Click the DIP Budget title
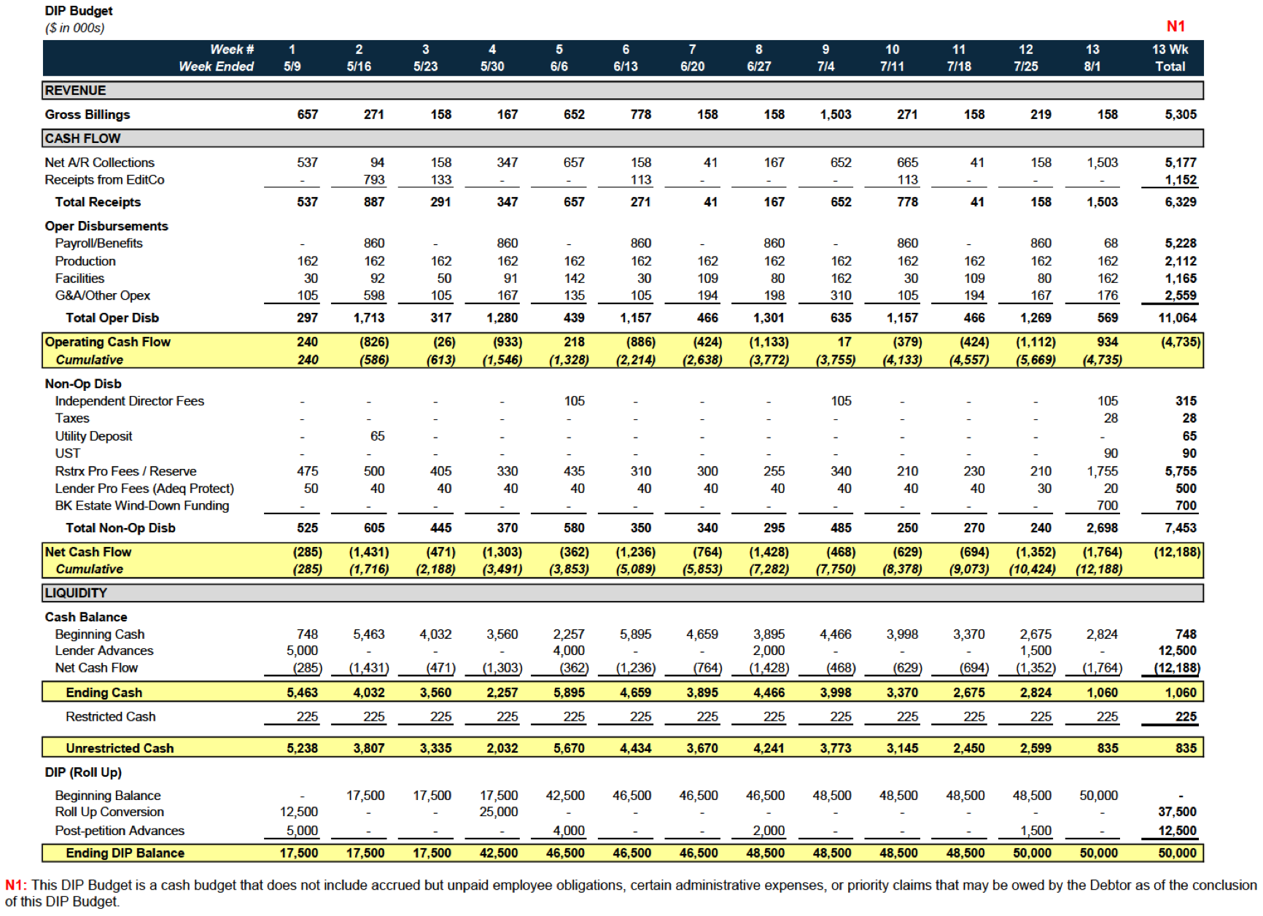(79, 11)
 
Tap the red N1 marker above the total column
(1175, 26)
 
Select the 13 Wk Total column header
(1170, 58)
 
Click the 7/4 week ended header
(825, 66)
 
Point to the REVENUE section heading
(75, 90)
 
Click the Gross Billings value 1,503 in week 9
(836, 114)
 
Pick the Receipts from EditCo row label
(104, 179)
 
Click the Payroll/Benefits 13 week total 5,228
(1181, 243)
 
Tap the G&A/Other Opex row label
(102, 295)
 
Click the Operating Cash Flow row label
(107, 342)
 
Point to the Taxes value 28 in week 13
(1111, 418)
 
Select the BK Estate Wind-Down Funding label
(141, 505)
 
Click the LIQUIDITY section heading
(76, 593)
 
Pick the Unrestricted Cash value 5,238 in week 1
(302, 748)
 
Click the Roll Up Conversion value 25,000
(499, 812)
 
